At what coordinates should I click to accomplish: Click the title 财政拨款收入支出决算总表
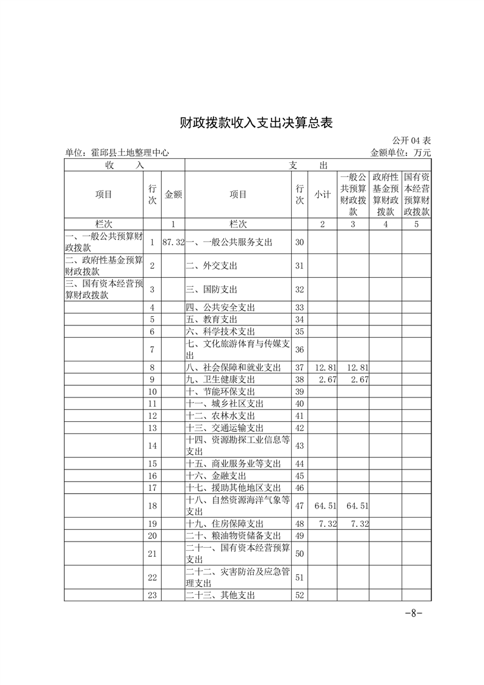(x=256, y=122)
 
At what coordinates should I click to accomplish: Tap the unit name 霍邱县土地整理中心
(x=117, y=153)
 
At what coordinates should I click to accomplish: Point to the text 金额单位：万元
(x=400, y=153)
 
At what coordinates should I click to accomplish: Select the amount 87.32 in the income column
(x=173, y=242)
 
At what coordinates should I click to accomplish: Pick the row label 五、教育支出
(x=212, y=319)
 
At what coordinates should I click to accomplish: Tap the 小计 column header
(x=322, y=194)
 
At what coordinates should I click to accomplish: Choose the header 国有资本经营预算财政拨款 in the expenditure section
(x=417, y=194)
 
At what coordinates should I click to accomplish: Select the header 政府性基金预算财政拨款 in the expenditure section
(x=385, y=194)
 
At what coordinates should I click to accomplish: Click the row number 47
(x=299, y=506)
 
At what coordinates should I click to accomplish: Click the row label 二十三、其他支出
(x=220, y=595)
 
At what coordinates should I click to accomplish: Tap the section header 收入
(x=124, y=165)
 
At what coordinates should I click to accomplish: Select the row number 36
(x=299, y=349)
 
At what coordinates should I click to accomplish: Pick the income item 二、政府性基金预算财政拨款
(x=104, y=266)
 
